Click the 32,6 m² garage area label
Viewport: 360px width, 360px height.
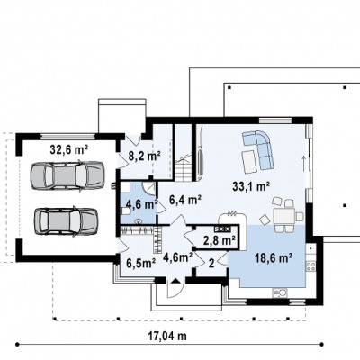coord(68,149)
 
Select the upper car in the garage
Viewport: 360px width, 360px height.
coord(67,175)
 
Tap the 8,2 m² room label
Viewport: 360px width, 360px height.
coord(145,156)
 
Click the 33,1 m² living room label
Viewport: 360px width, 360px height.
coord(251,186)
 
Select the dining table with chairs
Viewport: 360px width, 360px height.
coord(284,215)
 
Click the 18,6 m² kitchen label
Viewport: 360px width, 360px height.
coord(274,257)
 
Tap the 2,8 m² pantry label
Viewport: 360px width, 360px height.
coord(220,240)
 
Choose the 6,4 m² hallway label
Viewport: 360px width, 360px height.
coord(185,199)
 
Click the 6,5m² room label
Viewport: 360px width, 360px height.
coord(140,263)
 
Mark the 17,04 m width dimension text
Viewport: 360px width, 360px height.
coord(167,336)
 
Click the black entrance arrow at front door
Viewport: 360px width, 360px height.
coord(175,281)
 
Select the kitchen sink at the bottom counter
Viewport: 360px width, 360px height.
coord(280,292)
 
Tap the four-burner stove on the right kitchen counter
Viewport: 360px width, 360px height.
coord(310,266)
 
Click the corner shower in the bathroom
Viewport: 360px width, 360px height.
coord(148,188)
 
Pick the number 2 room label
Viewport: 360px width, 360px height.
coord(211,264)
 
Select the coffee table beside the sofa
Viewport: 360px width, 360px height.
coord(249,162)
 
